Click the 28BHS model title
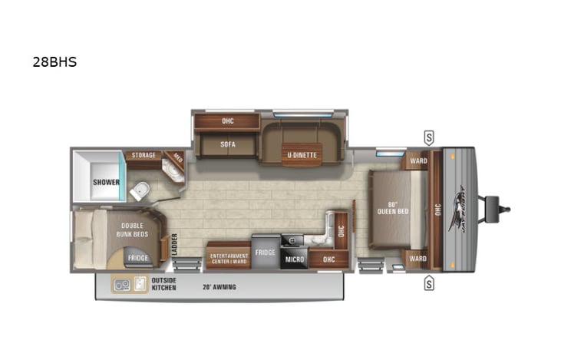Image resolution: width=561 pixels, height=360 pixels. [x=54, y=63]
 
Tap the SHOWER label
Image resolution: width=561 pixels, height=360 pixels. [x=106, y=182]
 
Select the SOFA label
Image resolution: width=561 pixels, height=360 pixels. [x=226, y=144]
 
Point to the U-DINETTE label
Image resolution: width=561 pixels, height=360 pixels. [x=302, y=155]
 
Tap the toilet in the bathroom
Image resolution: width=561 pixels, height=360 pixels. [x=139, y=190]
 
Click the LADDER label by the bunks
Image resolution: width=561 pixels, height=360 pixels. [x=174, y=244]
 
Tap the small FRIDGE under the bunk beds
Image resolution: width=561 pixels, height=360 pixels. [x=138, y=258]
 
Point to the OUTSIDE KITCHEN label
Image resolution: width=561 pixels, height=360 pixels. [x=163, y=284]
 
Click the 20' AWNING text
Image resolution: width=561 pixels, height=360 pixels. [x=219, y=287]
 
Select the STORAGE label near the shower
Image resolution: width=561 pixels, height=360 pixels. [x=143, y=155]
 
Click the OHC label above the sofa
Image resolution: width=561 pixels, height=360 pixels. [x=227, y=121]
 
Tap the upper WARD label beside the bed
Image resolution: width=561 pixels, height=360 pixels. [x=418, y=160]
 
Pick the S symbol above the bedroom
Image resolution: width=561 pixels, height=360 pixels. [x=428, y=138]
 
